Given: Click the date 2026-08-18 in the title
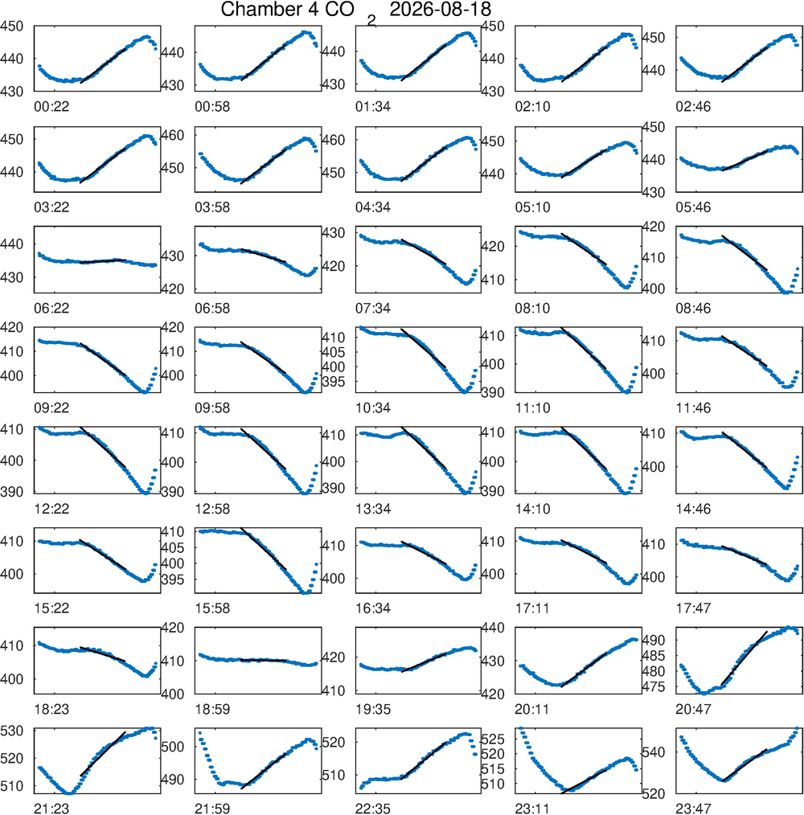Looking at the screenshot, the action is [440, 10].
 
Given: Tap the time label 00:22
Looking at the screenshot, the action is [51, 107].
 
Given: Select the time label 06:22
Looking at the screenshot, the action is [51, 309].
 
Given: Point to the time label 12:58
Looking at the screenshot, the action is [212, 510].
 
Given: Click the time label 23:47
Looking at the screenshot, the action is [693, 809].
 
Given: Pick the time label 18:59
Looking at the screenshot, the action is [212, 710].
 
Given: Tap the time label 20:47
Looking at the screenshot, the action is [693, 710].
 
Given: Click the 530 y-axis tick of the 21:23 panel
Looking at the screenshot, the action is [11, 731].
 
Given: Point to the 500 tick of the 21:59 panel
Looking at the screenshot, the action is [173, 747].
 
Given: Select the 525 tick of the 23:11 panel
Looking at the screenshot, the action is [493, 739].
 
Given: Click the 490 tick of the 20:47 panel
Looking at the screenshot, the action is [653, 641].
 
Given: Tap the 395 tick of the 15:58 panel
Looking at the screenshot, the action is [173, 580].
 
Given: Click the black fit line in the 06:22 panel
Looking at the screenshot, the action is [102, 261].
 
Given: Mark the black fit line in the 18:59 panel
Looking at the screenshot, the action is [264, 660].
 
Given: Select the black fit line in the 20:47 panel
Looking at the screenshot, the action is [745, 658].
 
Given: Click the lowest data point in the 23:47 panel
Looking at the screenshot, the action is [722, 780].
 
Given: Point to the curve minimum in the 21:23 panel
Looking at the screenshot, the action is [69, 792].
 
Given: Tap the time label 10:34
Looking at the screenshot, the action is [373, 408].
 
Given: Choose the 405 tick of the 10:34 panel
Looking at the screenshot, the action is [333, 352].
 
